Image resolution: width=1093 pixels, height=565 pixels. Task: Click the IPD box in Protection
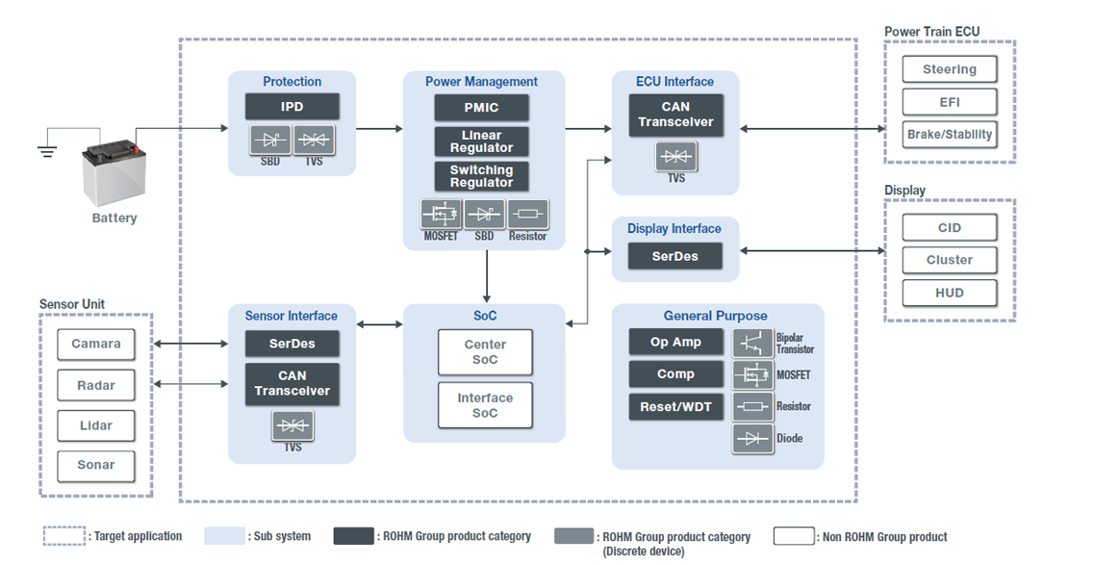coord(292,107)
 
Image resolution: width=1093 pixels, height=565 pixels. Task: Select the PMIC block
coord(481,107)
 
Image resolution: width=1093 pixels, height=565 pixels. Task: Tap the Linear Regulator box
coord(481,141)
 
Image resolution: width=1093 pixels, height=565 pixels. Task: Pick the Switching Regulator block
coord(481,176)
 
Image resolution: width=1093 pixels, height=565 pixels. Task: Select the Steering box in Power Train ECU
coord(949,69)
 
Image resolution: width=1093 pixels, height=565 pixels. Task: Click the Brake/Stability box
coord(949,135)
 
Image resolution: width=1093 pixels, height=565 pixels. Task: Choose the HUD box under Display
coord(949,293)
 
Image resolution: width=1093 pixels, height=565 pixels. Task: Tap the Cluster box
coord(949,260)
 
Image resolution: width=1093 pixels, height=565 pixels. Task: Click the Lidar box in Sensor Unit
coord(96,425)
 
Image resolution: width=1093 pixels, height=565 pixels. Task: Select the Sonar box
coord(96,465)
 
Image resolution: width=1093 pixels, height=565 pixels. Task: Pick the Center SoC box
coord(485,352)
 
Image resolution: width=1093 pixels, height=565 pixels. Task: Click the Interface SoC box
coord(485,405)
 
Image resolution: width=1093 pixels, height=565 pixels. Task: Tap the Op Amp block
coord(675,342)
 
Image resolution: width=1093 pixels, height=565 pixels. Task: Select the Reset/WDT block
coord(675,406)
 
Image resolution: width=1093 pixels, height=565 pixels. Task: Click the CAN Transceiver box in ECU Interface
coord(675,115)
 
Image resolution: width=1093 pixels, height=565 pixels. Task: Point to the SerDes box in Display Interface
coord(675,256)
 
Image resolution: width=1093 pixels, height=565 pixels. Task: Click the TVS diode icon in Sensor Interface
coord(292,425)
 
